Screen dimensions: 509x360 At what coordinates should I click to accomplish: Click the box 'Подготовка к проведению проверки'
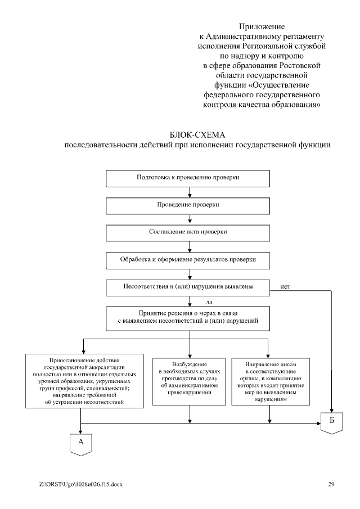[x=188, y=177]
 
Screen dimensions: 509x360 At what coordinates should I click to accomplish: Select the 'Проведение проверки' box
[x=188, y=205]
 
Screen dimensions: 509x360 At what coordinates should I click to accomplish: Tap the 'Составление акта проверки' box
[x=188, y=232]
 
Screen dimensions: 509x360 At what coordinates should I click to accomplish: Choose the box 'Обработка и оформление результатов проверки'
[x=188, y=259]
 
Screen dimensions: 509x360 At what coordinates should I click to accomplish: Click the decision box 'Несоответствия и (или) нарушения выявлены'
[x=188, y=287]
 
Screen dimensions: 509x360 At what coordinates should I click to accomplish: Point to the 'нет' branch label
[x=285, y=286]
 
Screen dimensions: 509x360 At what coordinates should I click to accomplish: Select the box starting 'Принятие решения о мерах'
[x=188, y=317]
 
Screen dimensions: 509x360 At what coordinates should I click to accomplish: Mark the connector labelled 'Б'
[x=332, y=422]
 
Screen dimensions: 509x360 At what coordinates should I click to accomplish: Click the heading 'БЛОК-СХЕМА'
[x=196, y=136]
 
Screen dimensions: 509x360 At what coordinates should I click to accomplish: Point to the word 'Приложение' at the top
[x=262, y=26]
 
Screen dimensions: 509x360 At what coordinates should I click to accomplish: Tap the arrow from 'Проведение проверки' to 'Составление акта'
[x=188, y=219]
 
